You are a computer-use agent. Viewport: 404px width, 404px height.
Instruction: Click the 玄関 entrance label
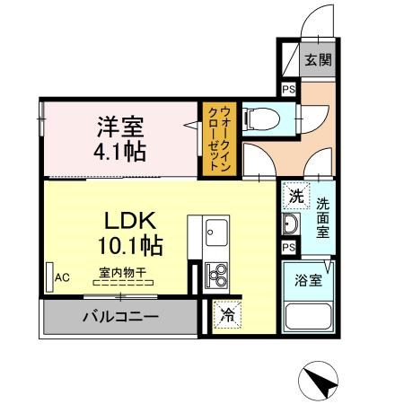point(317,61)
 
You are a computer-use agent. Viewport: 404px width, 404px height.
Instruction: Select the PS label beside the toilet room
point(288,90)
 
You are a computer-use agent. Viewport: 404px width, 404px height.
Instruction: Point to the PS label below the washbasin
point(288,247)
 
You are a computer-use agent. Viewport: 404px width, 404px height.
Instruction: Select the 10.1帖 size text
point(130,244)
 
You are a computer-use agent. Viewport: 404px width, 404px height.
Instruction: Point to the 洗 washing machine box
point(294,194)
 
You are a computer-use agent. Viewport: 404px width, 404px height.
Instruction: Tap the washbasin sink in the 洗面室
point(290,224)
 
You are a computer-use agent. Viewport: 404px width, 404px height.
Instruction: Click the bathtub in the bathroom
point(309,318)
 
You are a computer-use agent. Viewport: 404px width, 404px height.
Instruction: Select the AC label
point(61,277)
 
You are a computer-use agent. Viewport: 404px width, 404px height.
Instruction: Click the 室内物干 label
point(122,270)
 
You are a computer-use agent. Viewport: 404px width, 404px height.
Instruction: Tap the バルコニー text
point(120,317)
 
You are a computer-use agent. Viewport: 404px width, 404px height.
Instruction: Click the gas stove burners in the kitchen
point(215,272)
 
